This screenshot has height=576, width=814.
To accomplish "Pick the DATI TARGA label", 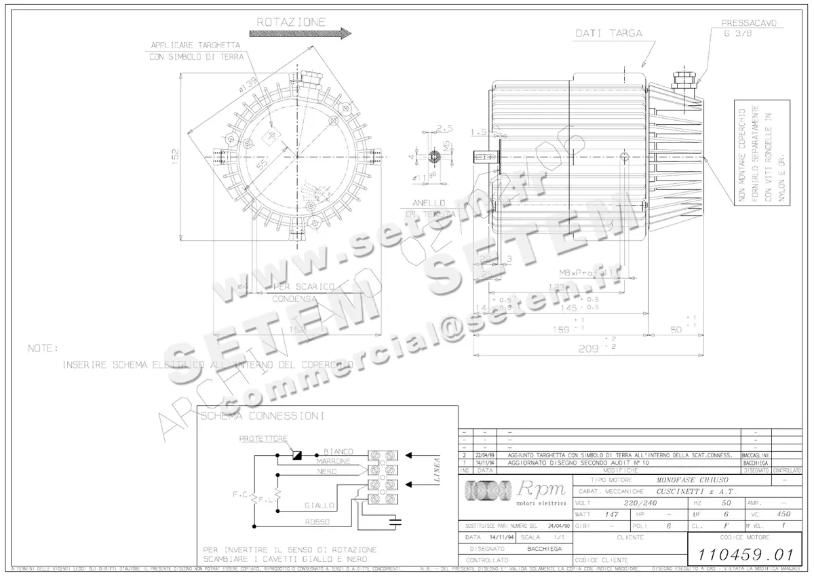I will point(608,33).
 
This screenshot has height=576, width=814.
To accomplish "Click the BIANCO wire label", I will point(338,451).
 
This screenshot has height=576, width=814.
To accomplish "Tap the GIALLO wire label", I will point(319,505).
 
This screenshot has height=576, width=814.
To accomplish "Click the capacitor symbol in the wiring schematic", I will point(395,522).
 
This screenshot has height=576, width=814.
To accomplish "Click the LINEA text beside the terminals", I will point(435,469).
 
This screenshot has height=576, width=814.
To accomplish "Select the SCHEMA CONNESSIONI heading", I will point(261,415).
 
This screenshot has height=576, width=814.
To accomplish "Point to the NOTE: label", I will point(43,348).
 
